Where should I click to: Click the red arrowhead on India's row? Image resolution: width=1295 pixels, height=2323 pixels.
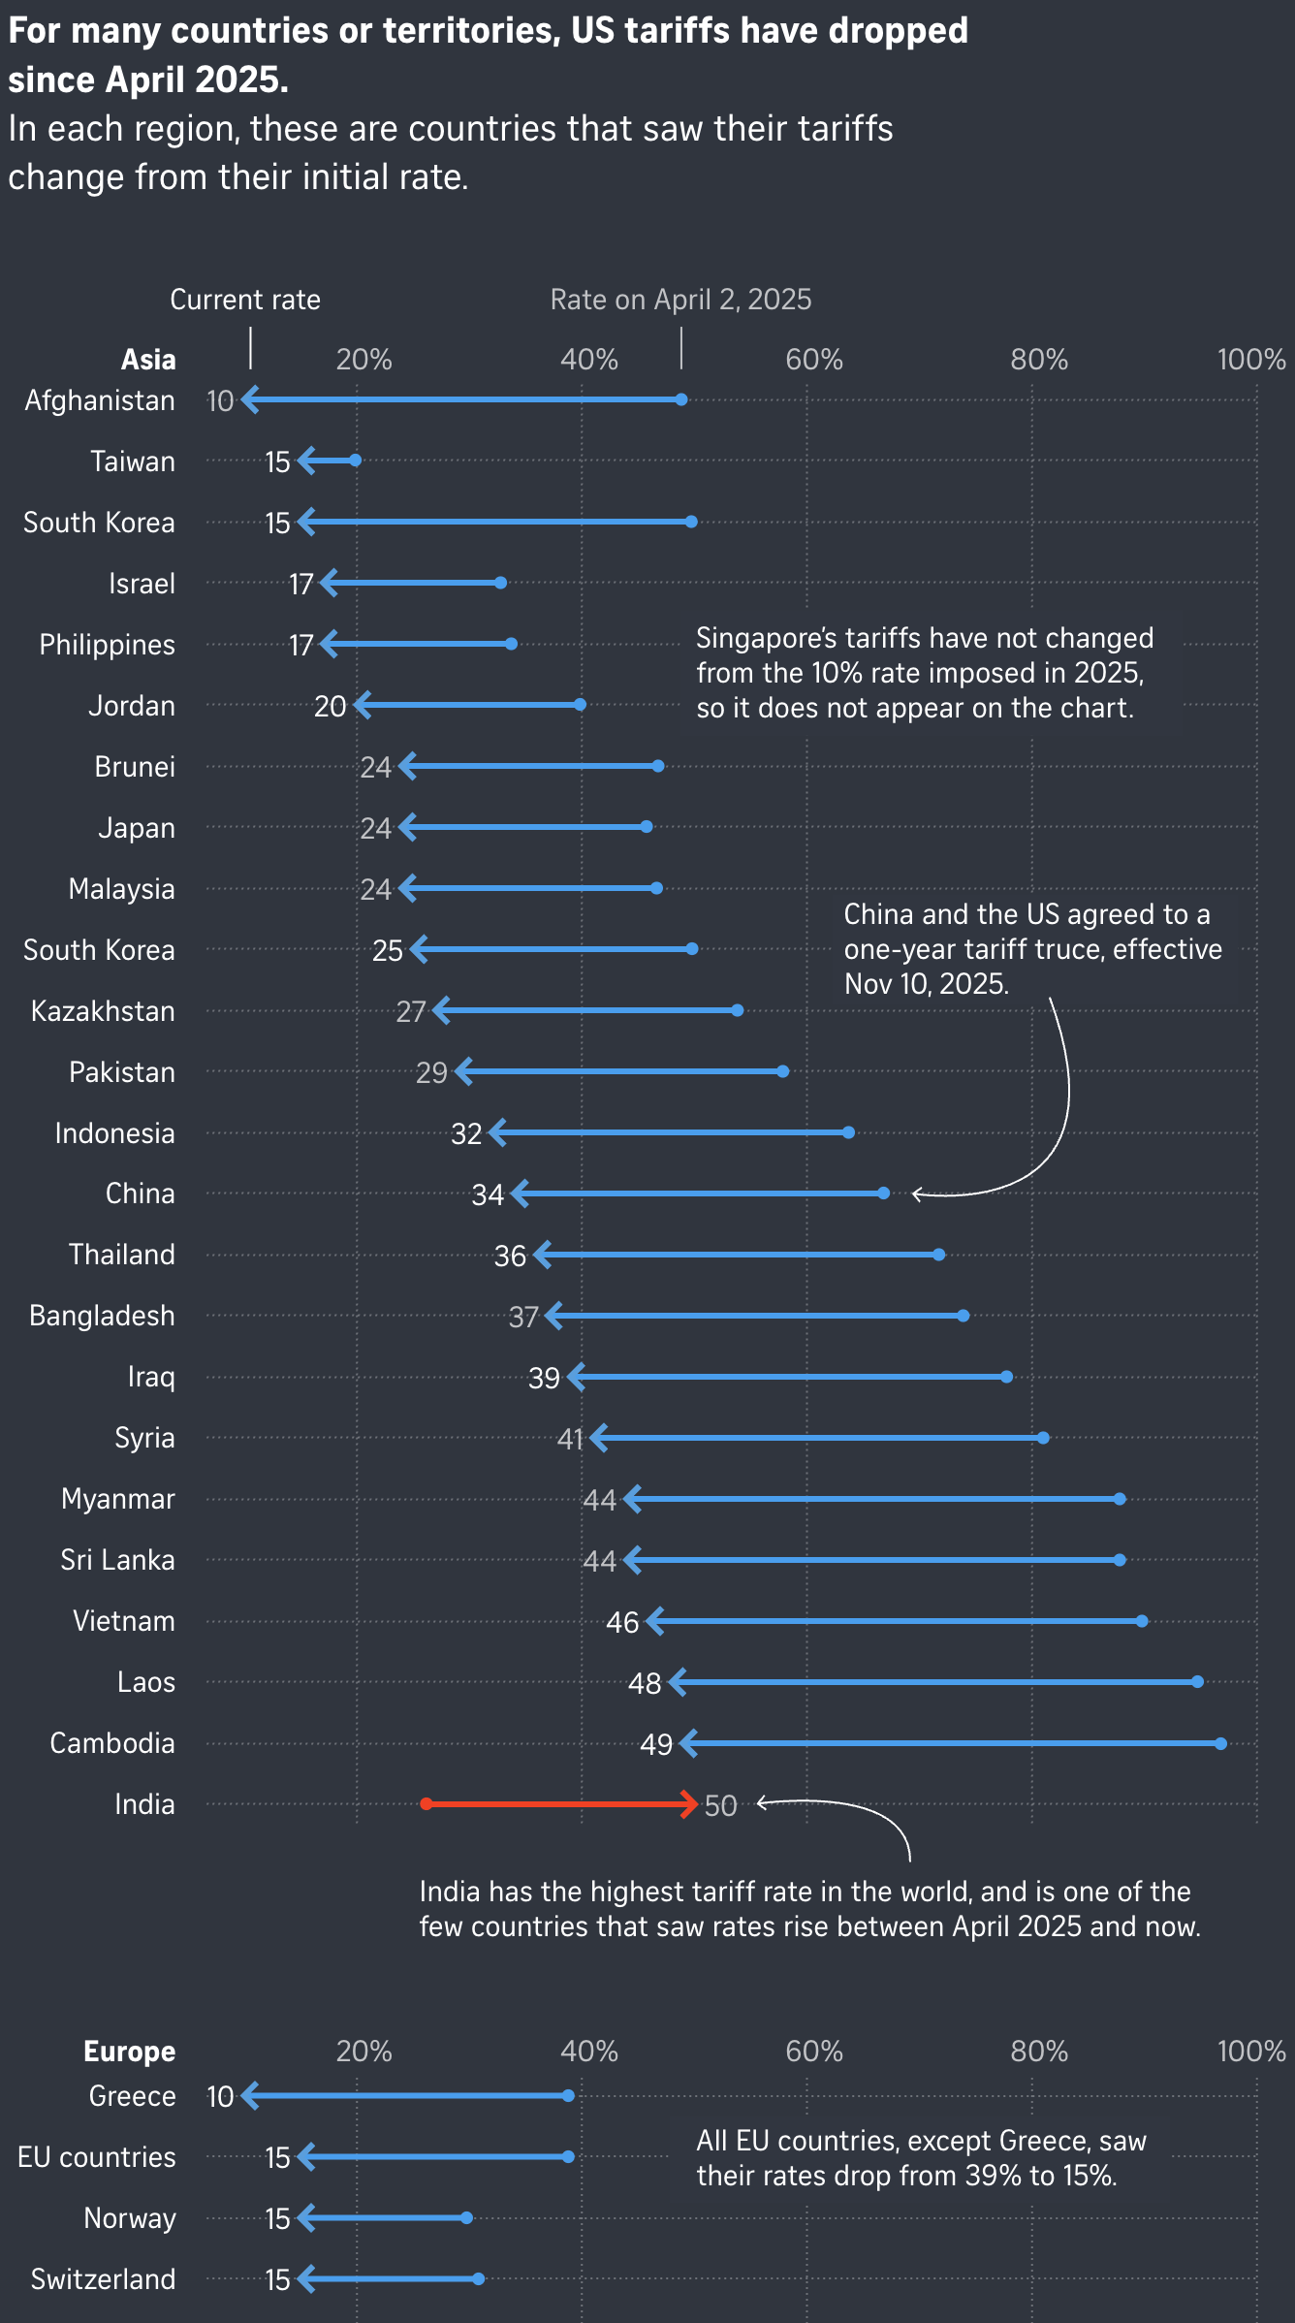(x=690, y=1803)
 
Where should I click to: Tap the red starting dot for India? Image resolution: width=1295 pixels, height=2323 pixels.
(x=426, y=1803)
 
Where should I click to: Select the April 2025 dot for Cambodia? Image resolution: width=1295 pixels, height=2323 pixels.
(x=1221, y=1743)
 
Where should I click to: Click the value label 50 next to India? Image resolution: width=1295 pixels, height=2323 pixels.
(x=720, y=1805)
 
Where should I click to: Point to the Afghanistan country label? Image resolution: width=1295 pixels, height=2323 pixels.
(x=100, y=400)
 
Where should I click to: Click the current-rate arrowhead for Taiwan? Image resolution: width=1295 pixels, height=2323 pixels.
(x=305, y=461)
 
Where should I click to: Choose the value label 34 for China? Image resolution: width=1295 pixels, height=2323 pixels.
(x=488, y=1194)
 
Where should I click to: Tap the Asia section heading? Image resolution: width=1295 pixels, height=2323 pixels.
(x=148, y=360)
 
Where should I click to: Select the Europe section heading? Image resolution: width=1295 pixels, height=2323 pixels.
(x=130, y=2052)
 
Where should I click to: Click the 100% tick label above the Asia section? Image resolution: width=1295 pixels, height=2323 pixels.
(x=1250, y=360)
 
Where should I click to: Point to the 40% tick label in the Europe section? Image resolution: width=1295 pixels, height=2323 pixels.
(x=588, y=2052)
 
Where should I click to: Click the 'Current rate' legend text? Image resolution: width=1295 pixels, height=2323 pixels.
(x=245, y=300)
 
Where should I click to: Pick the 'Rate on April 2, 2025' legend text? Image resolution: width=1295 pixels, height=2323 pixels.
(x=680, y=300)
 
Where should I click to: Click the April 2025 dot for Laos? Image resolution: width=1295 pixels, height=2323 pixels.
(x=1198, y=1682)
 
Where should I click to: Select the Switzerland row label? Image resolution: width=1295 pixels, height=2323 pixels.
(x=103, y=2279)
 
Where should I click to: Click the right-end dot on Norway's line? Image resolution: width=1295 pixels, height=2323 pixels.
(x=467, y=2218)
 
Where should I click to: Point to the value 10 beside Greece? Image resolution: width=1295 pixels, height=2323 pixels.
(x=220, y=2096)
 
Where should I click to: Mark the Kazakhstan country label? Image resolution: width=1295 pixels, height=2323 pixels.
(x=103, y=1011)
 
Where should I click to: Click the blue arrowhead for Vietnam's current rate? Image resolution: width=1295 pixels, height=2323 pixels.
(x=654, y=1621)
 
